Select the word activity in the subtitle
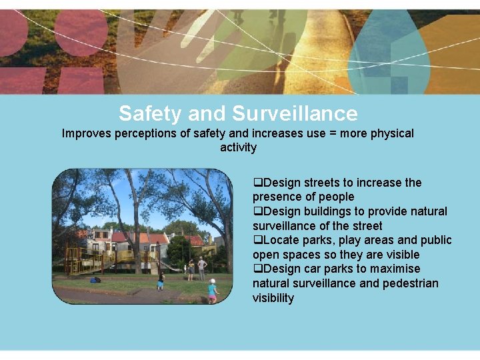coord(238,147)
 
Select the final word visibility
coord(273,298)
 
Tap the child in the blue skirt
coord(161,280)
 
